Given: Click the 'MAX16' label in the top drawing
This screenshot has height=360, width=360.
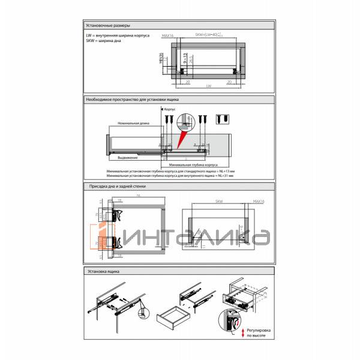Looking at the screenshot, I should tap(168, 36).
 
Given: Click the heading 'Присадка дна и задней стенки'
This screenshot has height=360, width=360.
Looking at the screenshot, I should tap(116, 187).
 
